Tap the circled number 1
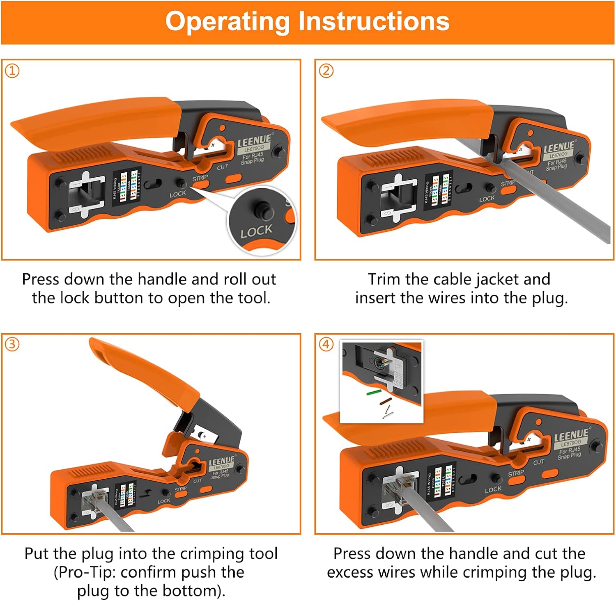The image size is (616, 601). click(x=12, y=71)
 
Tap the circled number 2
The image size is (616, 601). click(x=326, y=71)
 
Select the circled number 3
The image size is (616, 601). click(x=12, y=344)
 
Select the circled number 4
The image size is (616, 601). click(x=326, y=344)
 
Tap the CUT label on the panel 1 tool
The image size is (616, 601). click(x=222, y=167)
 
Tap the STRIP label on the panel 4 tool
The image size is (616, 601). click(x=516, y=473)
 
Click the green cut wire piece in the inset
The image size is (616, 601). click(x=375, y=393)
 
